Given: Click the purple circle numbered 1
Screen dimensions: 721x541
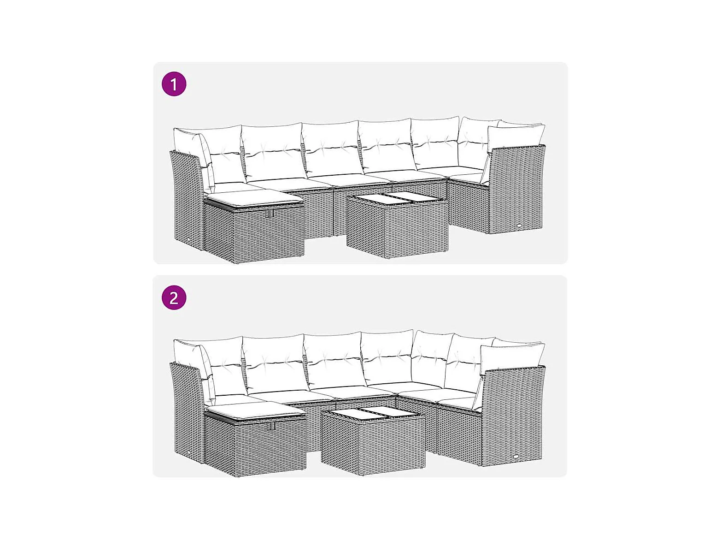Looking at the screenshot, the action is pyautogui.click(x=174, y=84).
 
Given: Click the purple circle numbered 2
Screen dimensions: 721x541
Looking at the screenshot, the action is pyautogui.click(x=174, y=298).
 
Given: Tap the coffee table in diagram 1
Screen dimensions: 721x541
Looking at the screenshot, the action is pyautogui.click(x=397, y=226).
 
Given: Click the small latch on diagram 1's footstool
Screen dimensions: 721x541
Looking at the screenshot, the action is pyautogui.click(x=270, y=213).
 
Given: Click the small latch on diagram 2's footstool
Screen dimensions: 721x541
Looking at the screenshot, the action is pyautogui.click(x=271, y=426).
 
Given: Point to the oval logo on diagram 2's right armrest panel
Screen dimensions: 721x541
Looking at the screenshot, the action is pyautogui.click(x=517, y=456).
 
